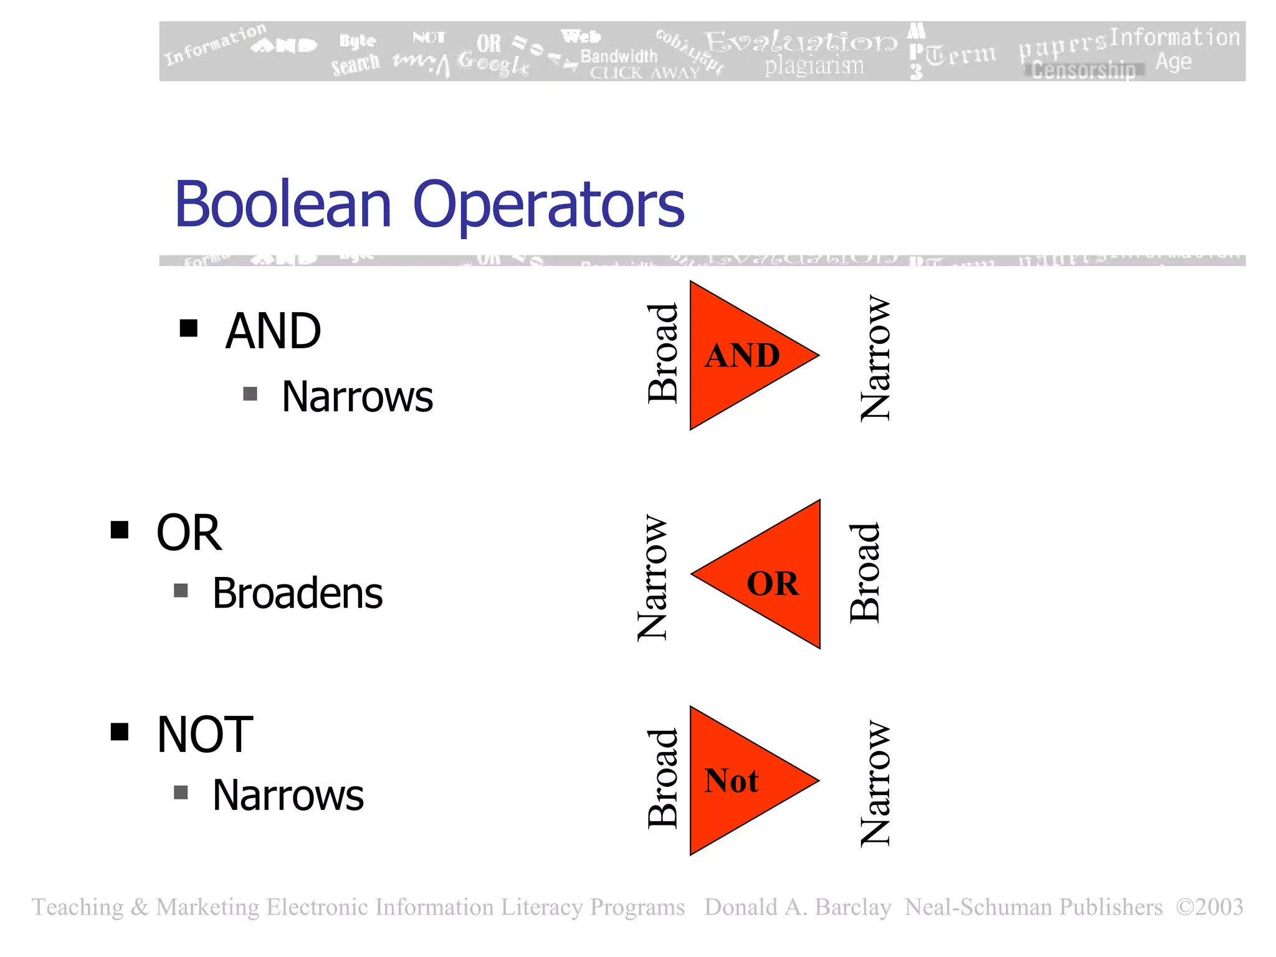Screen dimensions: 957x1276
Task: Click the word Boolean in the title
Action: point(283,204)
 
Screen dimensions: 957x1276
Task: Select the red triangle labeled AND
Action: point(741,355)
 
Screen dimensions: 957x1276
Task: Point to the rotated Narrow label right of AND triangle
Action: point(875,358)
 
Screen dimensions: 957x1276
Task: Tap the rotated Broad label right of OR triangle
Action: point(865,573)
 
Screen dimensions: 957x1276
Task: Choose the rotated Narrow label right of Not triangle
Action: point(875,784)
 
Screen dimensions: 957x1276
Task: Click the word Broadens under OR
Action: point(298,593)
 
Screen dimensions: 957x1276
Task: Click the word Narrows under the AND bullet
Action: point(357,397)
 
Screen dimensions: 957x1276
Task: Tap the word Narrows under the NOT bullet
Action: point(288,796)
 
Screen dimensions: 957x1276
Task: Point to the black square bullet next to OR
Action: point(120,530)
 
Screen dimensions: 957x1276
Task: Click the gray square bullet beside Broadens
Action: point(181,590)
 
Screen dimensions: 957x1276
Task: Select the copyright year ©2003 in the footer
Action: point(1209,907)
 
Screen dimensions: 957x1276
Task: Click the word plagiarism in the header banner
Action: point(814,65)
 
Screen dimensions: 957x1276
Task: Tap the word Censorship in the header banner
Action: point(1083,70)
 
